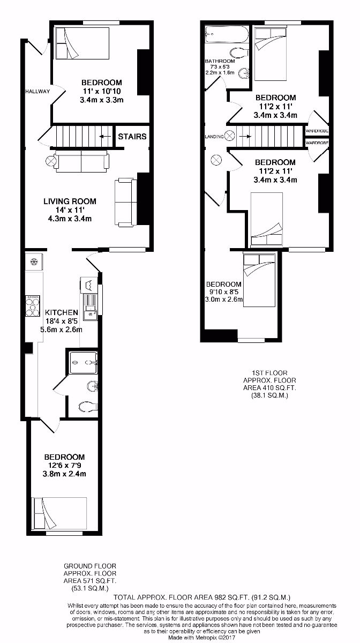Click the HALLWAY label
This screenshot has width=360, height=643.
point(37,92)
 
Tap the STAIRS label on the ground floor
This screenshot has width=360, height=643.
point(132,137)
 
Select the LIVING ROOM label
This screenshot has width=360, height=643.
point(70,201)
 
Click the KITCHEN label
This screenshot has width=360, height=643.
point(62,312)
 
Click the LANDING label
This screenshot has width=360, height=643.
point(214,137)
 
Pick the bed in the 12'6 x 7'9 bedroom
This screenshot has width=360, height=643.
point(59,514)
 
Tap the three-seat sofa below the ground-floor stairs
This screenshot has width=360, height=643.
point(81,160)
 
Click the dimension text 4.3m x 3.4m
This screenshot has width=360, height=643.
point(70,219)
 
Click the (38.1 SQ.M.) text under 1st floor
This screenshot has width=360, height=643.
point(269,395)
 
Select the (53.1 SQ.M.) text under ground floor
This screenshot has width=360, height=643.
point(89,588)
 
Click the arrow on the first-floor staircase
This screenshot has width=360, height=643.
point(244,136)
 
